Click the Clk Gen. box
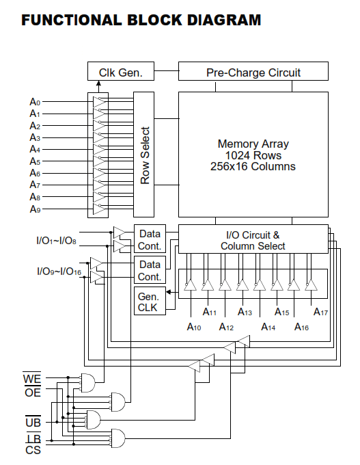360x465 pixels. (x=121, y=71)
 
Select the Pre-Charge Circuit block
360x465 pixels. (x=253, y=71)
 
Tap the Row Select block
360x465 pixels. (x=143, y=155)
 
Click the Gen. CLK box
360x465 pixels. (x=150, y=301)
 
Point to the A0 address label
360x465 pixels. (x=35, y=102)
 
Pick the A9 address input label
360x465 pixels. (x=35, y=209)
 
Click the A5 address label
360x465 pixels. (x=35, y=161)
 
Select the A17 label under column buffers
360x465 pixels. (x=320, y=312)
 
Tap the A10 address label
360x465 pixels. (x=194, y=327)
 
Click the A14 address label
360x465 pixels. (x=268, y=327)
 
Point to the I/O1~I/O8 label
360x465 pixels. (x=56, y=241)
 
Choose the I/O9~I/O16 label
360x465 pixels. (x=59, y=271)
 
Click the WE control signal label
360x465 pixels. (x=32, y=379)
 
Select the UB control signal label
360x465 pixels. (x=33, y=422)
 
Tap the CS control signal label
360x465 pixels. (x=33, y=450)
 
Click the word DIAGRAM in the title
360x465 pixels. (x=223, y=20)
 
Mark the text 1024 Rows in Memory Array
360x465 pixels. (x=253, y=155)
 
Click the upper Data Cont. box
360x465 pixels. (x=150, y=240)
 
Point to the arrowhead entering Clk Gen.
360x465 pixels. (x=98, y=83)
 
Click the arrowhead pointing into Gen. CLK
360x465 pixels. (x=168, y=292)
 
